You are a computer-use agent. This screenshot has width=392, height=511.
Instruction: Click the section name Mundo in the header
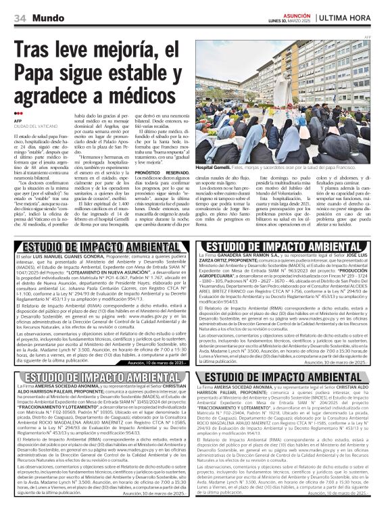[47, 16]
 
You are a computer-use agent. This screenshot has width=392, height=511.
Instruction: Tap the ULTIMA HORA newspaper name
[354, 16]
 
